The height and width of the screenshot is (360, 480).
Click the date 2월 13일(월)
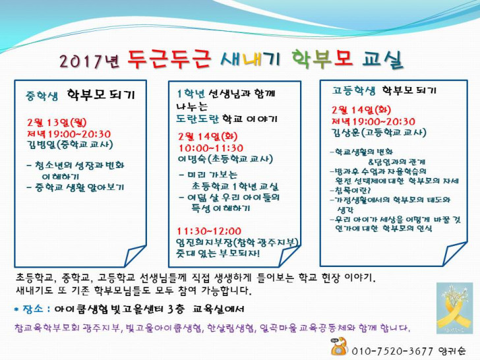coord(57,123)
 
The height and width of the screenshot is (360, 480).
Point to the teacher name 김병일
coord(42,144)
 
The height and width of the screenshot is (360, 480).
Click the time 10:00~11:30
coord(211,148)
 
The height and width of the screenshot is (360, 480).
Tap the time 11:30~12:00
coord(209,231)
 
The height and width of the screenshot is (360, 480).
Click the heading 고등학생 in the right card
coord(354,90)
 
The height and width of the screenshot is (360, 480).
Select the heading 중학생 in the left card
coord(42,96)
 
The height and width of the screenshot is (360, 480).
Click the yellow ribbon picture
coord(454,308)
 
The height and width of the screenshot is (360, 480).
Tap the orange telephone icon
coord(339,346)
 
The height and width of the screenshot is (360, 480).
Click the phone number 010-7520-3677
coord(392,351)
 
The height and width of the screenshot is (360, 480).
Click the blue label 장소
coord(33,309)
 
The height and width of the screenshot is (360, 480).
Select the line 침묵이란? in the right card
coord(351,191)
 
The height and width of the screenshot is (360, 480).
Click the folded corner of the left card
coord(135,255)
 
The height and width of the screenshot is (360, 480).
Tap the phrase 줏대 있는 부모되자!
coord(218,253)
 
